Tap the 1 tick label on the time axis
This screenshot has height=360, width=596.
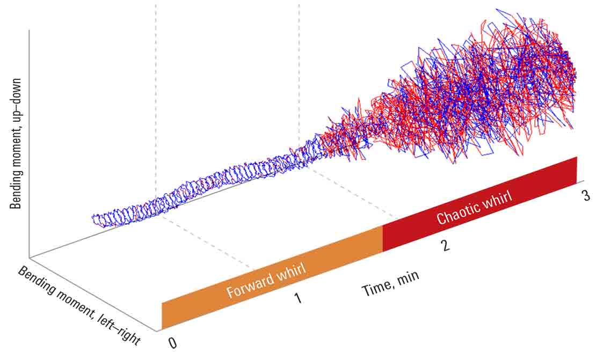pyautogui.click(x=297, y=297)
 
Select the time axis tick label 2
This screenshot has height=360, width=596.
pyautogui.click(x=445, y=246)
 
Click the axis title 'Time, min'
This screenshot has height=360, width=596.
pyautogui.click(x=390, y=283)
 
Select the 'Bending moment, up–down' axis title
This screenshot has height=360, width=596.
pyautogui.click(x=17, y=142)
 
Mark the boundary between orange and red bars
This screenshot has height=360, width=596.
pyautogui.click(x=382, y=239)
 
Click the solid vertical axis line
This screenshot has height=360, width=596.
pyautogui.click(x=29, y=145)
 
